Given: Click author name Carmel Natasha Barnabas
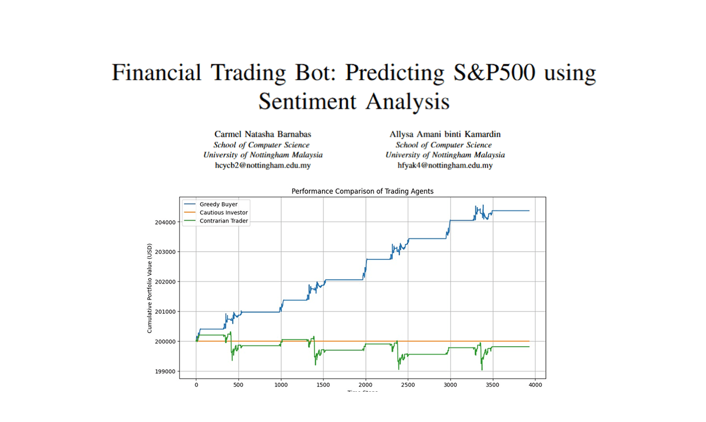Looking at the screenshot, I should [262, 134].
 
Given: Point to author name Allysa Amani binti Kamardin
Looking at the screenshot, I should [445, 134].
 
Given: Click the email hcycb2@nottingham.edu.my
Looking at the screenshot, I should [262, 165].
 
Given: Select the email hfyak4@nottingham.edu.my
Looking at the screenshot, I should [445, 165].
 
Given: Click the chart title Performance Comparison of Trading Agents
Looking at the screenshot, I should [362, 191].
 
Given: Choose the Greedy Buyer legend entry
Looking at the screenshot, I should [218, 204].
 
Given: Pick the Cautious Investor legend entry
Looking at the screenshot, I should [223, 213].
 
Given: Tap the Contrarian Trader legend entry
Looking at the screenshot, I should [223, 221].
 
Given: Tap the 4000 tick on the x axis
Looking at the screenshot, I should [535, 385].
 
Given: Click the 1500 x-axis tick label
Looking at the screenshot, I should [323, 385].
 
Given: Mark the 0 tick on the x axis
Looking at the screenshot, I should [196, 385].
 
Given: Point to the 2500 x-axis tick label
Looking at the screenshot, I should [408, 385].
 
